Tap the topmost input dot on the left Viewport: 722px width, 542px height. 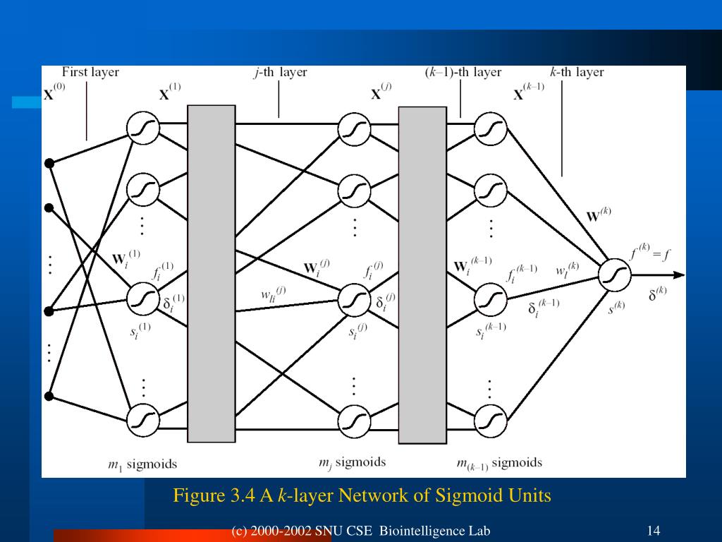[x=49, y=164]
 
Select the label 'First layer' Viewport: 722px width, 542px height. [x=90, y=72]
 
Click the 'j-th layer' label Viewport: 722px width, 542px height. [x=280, y=72]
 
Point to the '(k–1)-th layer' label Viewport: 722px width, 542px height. [x=463, y=72]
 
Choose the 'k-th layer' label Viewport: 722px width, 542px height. [x=576, y=72]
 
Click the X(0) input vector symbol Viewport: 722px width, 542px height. [x=54, y=92]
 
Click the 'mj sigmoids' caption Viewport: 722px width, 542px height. [x=352, y=463]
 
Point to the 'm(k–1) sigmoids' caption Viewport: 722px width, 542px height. [x=499, y=464]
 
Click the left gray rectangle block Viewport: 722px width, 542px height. [x=211, y=273]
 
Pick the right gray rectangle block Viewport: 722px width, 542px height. [x=422, y=275]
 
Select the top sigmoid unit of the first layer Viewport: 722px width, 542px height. [x=143, y=128]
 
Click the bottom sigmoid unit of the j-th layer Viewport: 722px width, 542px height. [x=354, y=421]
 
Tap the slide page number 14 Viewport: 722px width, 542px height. [x=652, y=531]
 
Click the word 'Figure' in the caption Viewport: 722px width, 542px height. [x=196, y=496]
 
